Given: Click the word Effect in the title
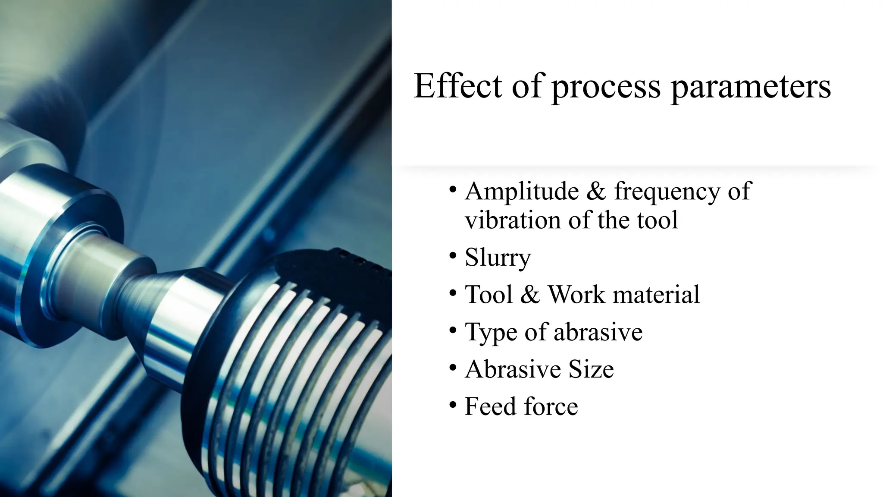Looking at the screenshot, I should point(457,86).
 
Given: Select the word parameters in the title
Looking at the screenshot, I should point(751,88).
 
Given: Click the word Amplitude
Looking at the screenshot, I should point(522,191).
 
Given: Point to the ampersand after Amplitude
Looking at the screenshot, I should point(596,191).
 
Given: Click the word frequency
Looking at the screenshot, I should point(667,192).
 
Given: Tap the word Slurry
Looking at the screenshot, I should point(498,258).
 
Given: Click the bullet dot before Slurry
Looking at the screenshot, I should point(452,256).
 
